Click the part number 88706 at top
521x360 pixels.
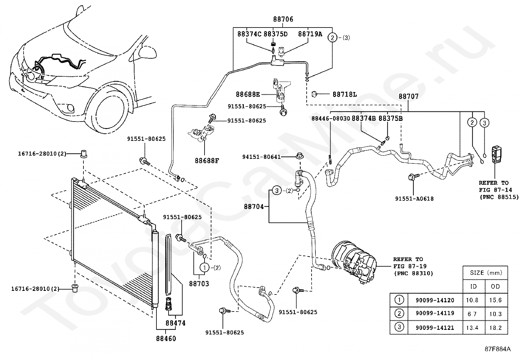tap(283, 19)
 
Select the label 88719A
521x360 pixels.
tap(310, 34)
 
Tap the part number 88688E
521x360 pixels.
tap(248, 95)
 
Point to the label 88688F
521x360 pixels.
tap(207, 161)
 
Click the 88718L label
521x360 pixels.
tap(345, 95)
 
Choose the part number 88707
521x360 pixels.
tap(408, 97)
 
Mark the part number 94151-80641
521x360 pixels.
tap(261, 157)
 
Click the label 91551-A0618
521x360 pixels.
tap(414, 199)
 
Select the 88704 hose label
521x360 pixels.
tap(254, 207)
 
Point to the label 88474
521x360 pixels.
tap(175, 323)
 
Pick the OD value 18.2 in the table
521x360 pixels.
tap(496, 327)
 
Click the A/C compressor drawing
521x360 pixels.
tap(353, 262)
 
